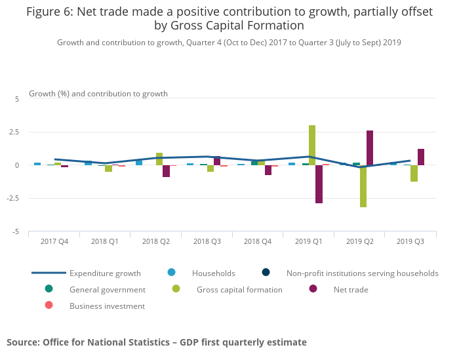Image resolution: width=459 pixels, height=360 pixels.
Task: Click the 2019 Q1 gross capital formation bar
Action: pyautogui.click(x=312, y=145)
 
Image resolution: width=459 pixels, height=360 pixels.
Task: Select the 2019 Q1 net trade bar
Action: pyautogui.click(x=319, y=184)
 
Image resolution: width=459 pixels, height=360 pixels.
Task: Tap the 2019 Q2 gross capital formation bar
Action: pyautogui.click(x=363, y=186)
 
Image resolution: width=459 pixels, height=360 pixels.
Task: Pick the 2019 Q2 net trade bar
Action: pyautogui.click(x=370, y=148)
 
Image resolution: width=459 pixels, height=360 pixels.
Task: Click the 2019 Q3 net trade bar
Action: pyautogui.click(x=421, y=157)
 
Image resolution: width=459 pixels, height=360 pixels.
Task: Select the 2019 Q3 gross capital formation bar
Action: pyautogui.click(x=414, y=173)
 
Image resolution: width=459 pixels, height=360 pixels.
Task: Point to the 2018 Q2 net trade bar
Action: pyautogui.click(x=167, y=171)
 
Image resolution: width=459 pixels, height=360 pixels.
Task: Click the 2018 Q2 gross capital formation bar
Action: pyautogui.click(x=159, y=159)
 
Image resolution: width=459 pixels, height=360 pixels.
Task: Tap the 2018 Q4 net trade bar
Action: pyautogui.click(x=268, y=170)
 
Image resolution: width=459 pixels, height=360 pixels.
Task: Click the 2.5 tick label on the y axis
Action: pyautogui.click(x=14, y=132)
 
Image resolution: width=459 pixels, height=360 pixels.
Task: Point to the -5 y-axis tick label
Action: pyautogui.click(x=16, y=232)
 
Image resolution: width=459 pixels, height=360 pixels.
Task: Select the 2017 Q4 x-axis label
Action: pyautogui.click(x=54, y=241)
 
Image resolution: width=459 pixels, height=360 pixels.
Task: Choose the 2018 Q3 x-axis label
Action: pyautogui.click(x=207, y=241)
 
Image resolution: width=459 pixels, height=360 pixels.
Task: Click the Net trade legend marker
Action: pyautogui.click(x=313, y=289)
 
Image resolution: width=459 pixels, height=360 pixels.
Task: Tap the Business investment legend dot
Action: pyautogui.click(x=49, y=306)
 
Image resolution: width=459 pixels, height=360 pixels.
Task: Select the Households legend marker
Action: pyautogui.click(x=172, y=273)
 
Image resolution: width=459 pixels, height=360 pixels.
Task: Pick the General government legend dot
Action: pyautogui.click(x=49, y=289)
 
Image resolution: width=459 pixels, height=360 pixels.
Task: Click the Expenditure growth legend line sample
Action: pyautogui.click(x=49, y=273)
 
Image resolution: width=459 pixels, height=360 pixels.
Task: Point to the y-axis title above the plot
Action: pyautogui.click(x=98, y=94)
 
